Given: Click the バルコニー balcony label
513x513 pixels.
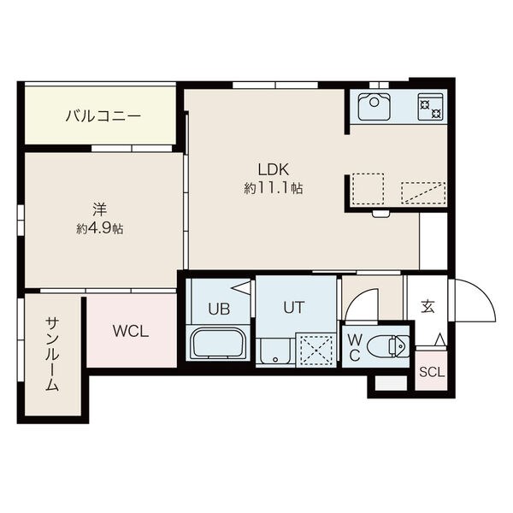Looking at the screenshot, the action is (103, 116).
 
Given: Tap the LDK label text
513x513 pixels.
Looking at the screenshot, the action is (274, 170).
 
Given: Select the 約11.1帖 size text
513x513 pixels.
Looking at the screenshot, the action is (274, 188).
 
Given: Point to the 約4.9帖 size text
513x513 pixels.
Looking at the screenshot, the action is (100, 228).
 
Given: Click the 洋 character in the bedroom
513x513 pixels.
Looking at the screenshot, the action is (100, 209).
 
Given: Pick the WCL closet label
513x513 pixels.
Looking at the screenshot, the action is (131, 332).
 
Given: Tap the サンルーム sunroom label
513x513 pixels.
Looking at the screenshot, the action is (52, 354).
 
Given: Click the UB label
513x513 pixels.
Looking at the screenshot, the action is (219, 309).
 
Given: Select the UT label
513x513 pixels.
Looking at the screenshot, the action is (294, 308).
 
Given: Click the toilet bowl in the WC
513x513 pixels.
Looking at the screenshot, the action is (387, 346).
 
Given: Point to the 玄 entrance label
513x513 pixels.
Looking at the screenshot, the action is (427, 307).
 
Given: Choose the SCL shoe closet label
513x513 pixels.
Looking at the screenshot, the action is (432, 372).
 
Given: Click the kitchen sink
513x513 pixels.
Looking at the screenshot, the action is (374, 107).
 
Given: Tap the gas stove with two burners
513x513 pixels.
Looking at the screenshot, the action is (430, 107).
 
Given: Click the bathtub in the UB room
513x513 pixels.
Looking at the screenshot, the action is (218, 344).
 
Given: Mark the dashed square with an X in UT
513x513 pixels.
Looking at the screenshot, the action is (316, 350).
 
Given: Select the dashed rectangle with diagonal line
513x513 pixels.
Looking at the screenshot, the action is (423, 192).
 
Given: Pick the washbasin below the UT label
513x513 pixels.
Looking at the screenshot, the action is (275, 351).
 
